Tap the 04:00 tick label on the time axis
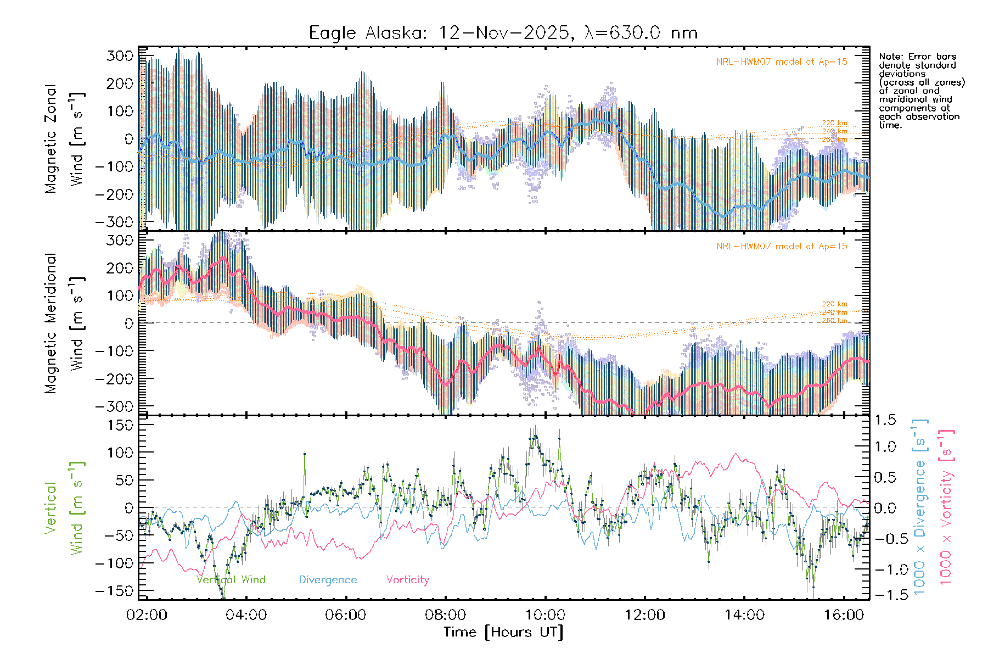click(x=246, y=615)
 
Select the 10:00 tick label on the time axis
click(x=545, y=615)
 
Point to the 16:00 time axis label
click(x=844, y=615)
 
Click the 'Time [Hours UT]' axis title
click(x=503, y=632)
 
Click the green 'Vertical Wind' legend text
click(x=231, y=579)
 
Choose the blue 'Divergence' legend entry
click(x=328, y=579)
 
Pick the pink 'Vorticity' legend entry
click(x=407, y=579)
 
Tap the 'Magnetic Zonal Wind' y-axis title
click(x=64, y=138)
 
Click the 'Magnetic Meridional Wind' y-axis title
click(x=64, y=323)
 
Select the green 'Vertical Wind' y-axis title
click(x=64, y=508)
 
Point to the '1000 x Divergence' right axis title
click(x=919, y=506)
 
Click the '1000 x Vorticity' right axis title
click(x=946, y=506)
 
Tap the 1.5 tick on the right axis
click(x=885, y=420)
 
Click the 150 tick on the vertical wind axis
click(x=120, y=425)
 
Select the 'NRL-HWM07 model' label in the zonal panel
click(x=782, y=62)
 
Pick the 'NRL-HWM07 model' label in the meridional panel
click(x=782, y=247)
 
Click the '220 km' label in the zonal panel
click(x=834, y=123)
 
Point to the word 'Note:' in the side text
click(x=890, y=57)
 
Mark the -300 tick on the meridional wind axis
click(x=114, y=406)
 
